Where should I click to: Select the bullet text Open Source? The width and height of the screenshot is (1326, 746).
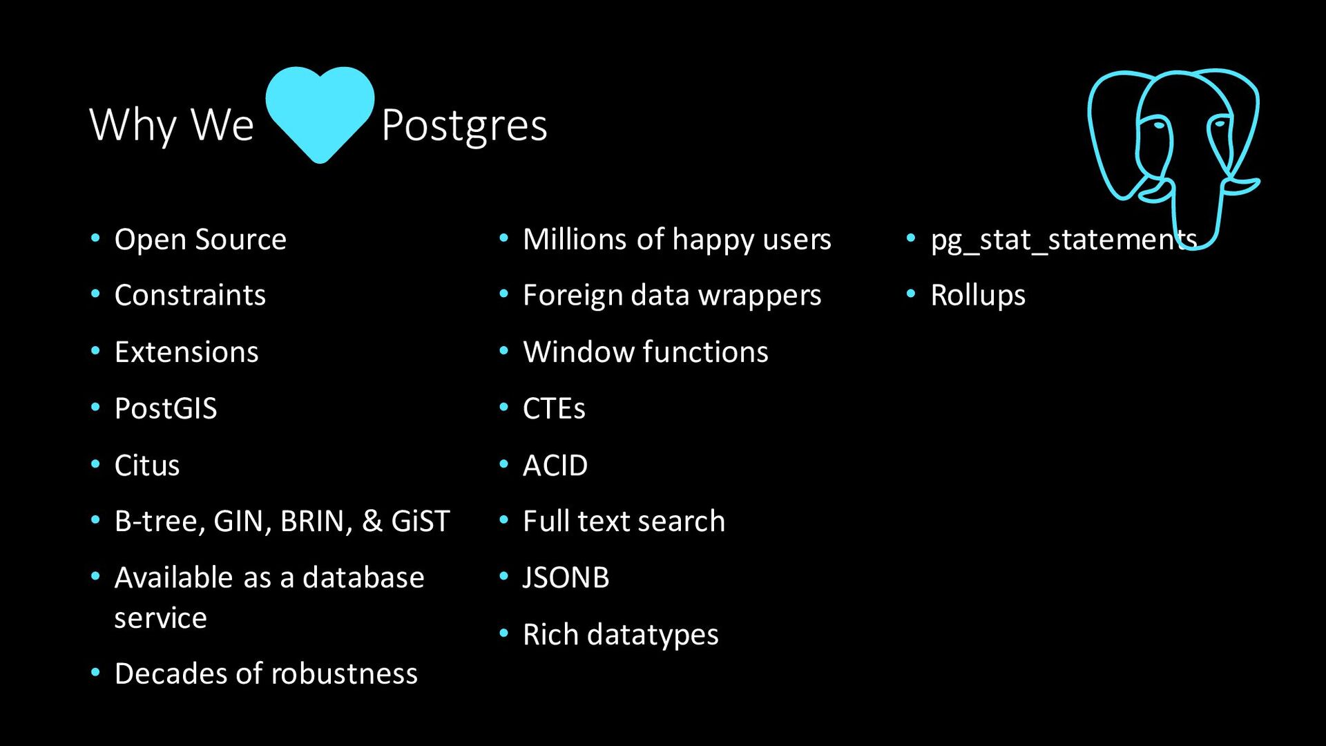click(x=200, y=240)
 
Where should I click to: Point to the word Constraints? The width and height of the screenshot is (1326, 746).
click(x=190, y=296)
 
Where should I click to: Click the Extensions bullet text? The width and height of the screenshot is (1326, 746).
click(x=186, y=352)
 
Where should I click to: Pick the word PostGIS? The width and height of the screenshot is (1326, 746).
click(x=166, y=409)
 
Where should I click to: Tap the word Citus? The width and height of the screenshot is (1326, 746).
click(x=147, y=466)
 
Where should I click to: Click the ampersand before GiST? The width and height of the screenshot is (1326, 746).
click(x=372, y=521)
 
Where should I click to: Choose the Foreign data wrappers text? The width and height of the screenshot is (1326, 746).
click(x=672, y=296)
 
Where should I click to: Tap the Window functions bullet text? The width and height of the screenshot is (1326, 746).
click(x=646, y=352)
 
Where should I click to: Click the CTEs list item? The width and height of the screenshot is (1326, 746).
click(x=554, y=409)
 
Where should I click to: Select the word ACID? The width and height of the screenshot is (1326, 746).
click(x=555, y=466)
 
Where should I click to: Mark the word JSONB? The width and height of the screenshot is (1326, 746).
click(x=566, y=578)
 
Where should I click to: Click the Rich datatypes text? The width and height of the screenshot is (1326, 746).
click(x=621, y=635)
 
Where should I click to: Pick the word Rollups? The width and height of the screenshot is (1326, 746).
click(x=978, y=296)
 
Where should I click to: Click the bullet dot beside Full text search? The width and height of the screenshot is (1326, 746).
click(x=503, y=519)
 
